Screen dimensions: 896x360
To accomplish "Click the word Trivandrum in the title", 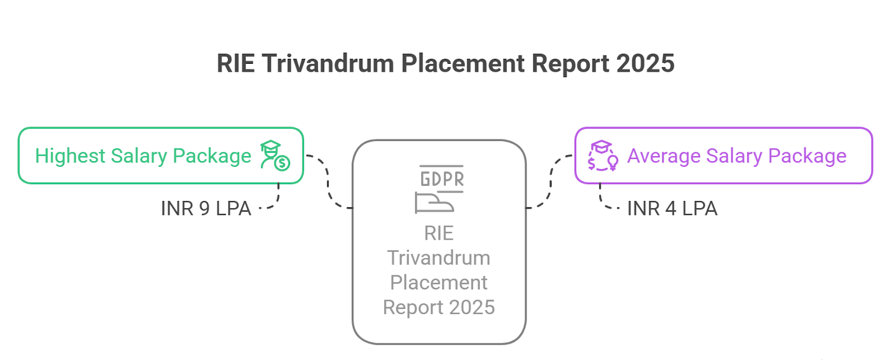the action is point(328,64).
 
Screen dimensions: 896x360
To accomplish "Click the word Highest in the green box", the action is point(70,156).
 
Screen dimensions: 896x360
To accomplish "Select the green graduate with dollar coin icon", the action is point(275,156).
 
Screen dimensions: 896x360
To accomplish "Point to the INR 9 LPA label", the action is point(206,208).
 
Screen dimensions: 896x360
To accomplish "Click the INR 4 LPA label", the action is point(672,208).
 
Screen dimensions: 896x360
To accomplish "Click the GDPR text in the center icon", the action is point(442,179).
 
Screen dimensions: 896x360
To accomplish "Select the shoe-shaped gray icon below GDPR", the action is point(435,203).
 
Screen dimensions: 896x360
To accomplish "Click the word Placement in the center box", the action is point(439,282).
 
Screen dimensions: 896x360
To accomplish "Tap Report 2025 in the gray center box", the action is point(439,307).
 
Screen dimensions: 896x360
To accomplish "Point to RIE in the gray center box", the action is point(439,233).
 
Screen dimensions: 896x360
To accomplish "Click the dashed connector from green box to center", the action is point(328,182).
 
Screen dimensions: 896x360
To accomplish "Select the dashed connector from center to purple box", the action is point(551,182).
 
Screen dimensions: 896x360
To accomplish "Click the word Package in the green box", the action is point(212,156).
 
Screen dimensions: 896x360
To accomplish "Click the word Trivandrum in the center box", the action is point(439,258).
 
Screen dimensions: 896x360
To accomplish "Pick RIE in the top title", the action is point(236,64).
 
